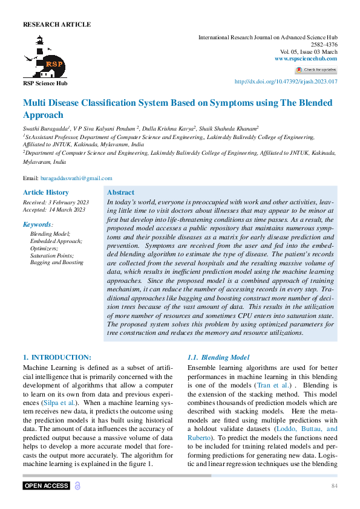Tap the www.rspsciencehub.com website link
[x=306, y=59]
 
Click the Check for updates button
[x=316, y=70]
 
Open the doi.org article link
[x=286, y=82]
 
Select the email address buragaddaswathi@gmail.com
[x=76, y=178]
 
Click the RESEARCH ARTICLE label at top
[x=57, y=25]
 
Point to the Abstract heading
[x=120, y=192]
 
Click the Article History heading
[x=46, y=192]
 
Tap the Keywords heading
[x=38, y=224]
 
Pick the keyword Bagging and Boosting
[x=57, y=262]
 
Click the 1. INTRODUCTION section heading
[x=57, y=357]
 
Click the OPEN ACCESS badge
[x=47, y=486]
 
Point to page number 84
[x=334, y=486]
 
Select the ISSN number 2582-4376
[x=324, y=45]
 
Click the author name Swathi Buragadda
[x=45, y=128]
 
